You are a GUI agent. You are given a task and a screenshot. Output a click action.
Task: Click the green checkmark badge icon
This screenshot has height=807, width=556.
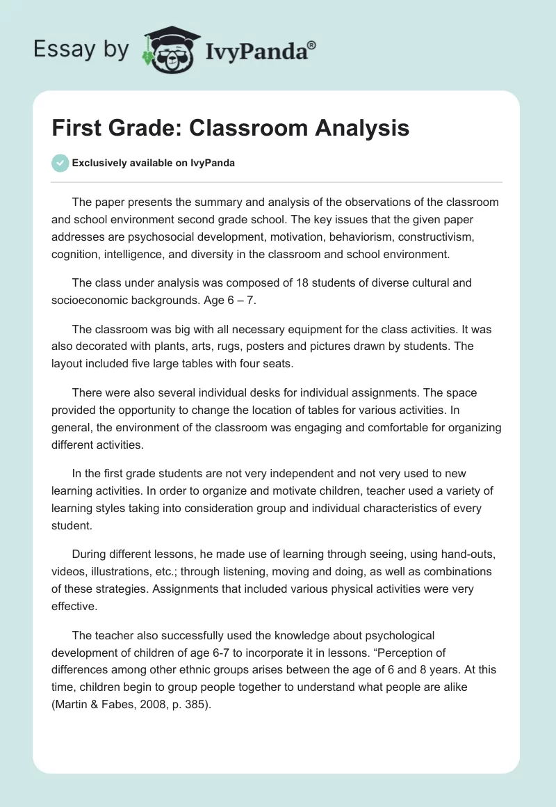click(60, 163)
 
